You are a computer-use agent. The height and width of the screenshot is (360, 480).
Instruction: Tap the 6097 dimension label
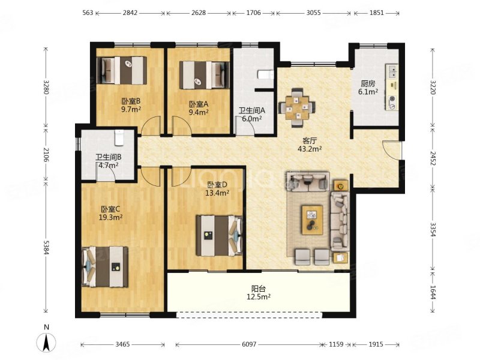tap(249, 344)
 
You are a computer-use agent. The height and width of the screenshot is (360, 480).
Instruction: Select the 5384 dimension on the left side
tap(46, 247)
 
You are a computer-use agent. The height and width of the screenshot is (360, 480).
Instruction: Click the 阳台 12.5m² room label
tap(259, 293)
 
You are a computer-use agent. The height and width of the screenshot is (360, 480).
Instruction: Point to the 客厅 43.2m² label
tap(310, 145)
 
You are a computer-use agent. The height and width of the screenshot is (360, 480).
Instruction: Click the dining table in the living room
tap(297, 108)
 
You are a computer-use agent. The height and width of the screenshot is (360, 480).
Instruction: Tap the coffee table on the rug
tap(312, 220)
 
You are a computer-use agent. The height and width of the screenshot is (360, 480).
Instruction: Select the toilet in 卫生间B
tap(119, 137)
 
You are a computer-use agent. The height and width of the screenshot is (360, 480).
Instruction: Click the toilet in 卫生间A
tap(266, 74)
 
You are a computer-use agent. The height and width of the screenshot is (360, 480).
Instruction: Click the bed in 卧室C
tap(104, 267)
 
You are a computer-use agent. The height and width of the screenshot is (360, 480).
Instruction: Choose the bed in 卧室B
tap(122, 70)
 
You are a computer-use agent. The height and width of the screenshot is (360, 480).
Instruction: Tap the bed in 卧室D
tap(220, 235)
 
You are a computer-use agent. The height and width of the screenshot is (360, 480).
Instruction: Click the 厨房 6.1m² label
tap(368, 88)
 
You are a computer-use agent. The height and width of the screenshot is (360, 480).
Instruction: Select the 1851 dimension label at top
tap(377, 13)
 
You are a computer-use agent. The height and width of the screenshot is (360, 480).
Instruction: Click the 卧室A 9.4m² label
tap(199, 108)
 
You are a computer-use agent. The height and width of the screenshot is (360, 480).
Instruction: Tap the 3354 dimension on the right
tap(433, 230)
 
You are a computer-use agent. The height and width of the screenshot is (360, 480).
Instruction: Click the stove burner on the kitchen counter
tap(392, 98)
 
